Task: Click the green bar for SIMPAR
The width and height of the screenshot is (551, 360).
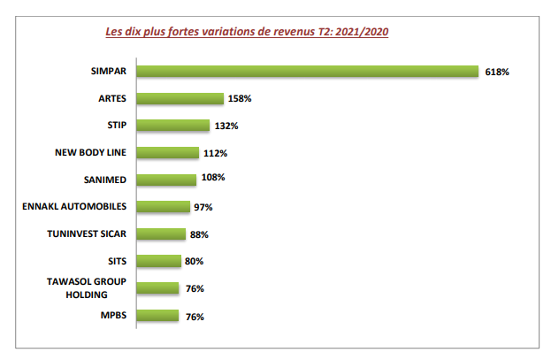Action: point(308,72)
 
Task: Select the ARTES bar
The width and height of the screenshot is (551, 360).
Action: point(180,98)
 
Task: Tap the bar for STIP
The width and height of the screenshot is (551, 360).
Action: point(173,126)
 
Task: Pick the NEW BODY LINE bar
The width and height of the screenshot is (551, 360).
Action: point(168,152)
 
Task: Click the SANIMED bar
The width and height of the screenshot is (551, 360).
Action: point(166,180)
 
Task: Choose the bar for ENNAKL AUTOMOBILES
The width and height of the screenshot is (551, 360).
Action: point(164,207)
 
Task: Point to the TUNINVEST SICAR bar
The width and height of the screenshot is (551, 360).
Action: point(161,234)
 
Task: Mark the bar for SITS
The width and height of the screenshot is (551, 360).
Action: point(159,261)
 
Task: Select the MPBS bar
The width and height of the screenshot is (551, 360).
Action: point(157,316)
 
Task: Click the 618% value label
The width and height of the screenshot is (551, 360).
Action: point(497,72)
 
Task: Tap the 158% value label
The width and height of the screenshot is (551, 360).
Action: point(240,99)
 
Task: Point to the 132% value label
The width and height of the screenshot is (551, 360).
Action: point(226,126)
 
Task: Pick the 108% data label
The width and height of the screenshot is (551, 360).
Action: point(213,177)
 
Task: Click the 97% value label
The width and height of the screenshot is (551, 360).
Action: point(203,208)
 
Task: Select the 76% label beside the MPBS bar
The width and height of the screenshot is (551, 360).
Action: point(195,318)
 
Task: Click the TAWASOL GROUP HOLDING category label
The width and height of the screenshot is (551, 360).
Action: point(87,288)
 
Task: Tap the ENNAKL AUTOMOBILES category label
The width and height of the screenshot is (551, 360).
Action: point(74,206)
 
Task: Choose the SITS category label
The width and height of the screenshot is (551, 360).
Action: point(117,261)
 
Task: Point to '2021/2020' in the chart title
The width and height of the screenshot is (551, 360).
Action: point(362,32)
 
